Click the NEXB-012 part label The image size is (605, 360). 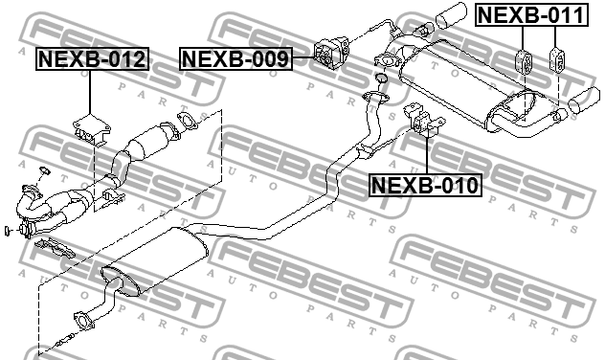tap(93, 60)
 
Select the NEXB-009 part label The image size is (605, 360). tap(235, 60)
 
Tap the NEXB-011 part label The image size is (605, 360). tap(529, 14)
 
